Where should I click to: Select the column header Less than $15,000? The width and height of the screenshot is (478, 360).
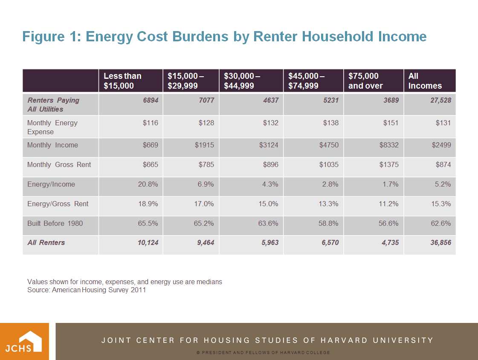(x=122, y=81)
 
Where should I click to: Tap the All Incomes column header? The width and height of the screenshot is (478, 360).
(x=425, y=81)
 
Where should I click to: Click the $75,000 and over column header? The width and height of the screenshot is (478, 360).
(x=365, y=81)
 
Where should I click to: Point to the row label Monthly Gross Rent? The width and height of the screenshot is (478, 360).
(x=59, y=164)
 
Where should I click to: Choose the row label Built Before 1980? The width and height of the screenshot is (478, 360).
(x=55, y=223)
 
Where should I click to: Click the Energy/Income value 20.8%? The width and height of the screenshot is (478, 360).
(x=148, y=184)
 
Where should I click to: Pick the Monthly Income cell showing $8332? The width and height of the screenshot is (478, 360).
(x=389, y=145)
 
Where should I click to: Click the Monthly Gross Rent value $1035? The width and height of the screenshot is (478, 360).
(x=329, y=164)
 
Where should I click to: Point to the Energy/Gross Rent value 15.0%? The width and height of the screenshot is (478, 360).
(x=268, y=204)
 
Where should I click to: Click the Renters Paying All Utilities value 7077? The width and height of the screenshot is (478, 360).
(x=206, y=100)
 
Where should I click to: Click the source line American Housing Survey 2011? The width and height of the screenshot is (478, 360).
(x=87, y=290)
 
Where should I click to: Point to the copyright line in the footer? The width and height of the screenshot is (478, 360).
(x=263, y=353)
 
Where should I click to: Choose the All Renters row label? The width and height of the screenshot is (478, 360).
(x=46, y=242)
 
